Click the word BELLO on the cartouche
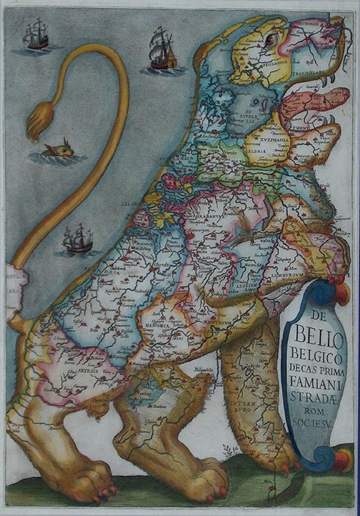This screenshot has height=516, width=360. pos(316,335)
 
